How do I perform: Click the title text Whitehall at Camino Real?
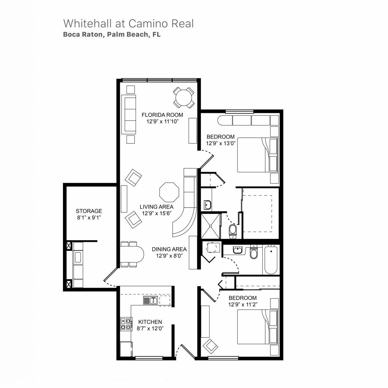point(128,23)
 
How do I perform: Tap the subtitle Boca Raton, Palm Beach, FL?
point(112,34)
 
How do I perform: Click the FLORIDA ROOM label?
point(162,115)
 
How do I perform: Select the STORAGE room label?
point(89,211)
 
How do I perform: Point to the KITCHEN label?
point(150,322)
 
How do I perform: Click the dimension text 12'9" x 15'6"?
point(157,213)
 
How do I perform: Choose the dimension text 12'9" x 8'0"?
point(169,256)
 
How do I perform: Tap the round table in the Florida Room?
point(184,98)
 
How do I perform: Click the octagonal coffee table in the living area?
point(169,192)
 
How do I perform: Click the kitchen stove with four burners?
point(126,324)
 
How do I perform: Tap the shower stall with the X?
point(210,226)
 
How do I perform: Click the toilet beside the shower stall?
point(233,230)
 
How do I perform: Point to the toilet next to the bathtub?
point(254,253)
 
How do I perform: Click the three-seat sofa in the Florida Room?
point(129,114)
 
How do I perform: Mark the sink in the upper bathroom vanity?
point(207,205)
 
